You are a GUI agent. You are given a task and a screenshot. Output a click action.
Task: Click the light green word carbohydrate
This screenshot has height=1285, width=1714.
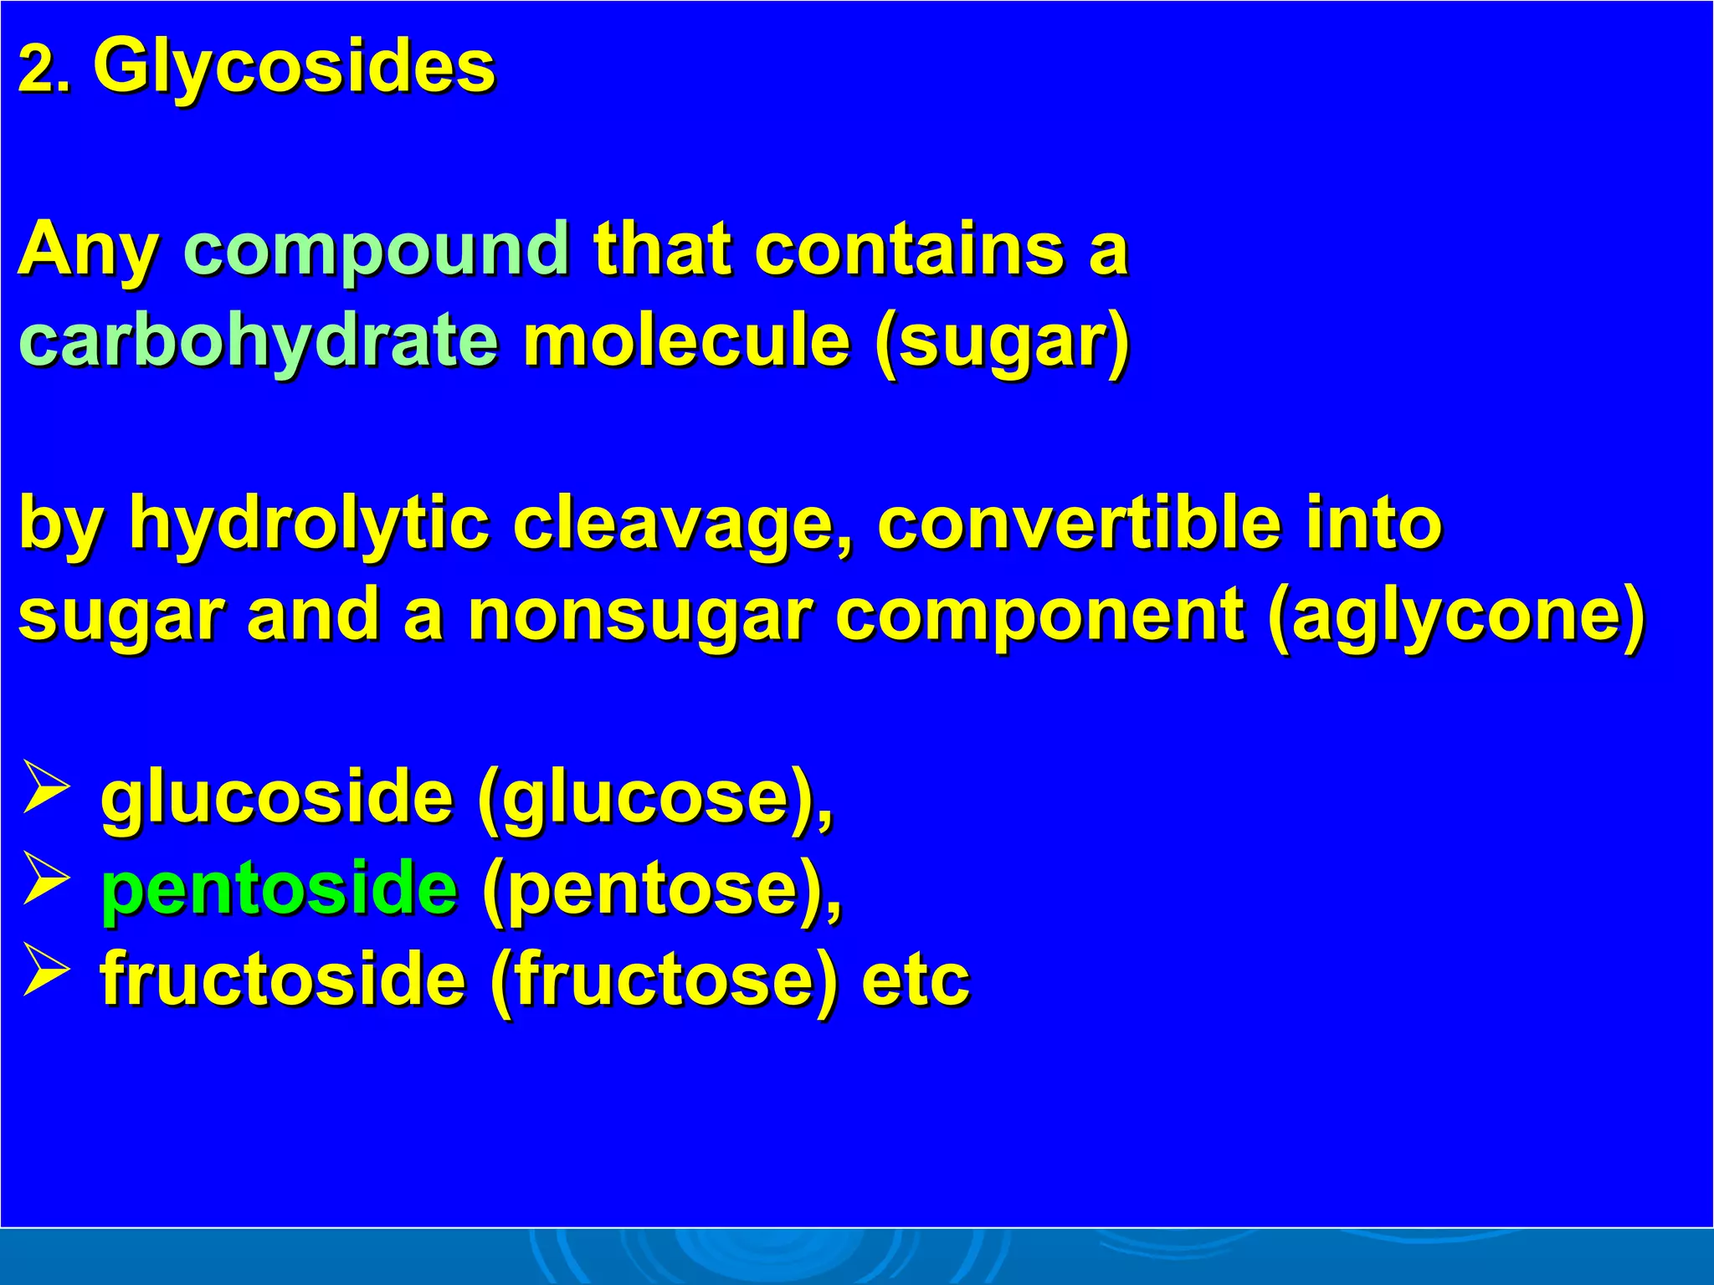[258, 341]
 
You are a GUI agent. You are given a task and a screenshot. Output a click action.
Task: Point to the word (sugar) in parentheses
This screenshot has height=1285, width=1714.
[1002, 343]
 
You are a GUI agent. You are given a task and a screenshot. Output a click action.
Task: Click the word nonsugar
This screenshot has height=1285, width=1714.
[639, 615]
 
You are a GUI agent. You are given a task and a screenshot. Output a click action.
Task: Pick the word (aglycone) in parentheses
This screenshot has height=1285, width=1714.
[1457, 617]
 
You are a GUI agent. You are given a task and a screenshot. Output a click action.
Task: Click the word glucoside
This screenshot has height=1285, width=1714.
[277, 797]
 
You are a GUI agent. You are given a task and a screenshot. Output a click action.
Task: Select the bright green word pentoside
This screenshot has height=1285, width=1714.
[279, 888]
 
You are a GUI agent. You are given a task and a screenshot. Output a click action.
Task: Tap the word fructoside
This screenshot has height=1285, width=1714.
[283, 979]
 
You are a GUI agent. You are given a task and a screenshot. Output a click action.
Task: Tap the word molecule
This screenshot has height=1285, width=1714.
[686, 341]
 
